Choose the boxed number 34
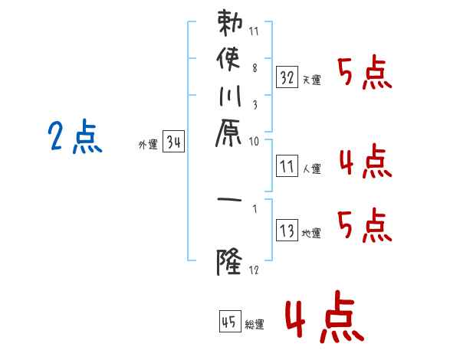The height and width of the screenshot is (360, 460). click(173, 142)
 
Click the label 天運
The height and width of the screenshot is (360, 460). click(311, 80)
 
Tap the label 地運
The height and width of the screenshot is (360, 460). click(311, 234)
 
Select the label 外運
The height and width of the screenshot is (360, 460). click(148, 144)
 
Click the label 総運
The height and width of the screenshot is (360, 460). click(255, 325)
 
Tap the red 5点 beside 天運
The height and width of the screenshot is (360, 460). click(366, 74)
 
